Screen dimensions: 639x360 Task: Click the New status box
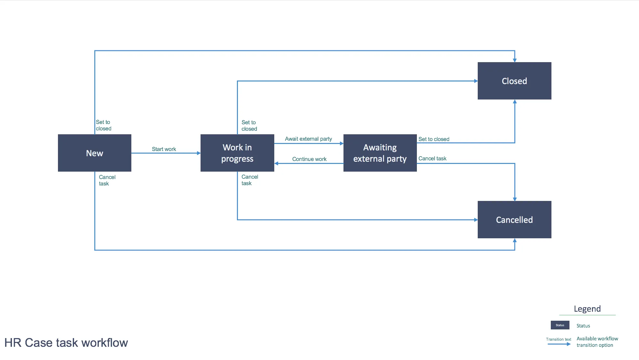coord(95,153)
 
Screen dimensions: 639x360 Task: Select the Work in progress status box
coord(237,153)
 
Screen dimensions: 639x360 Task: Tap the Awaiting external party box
coord(380,153)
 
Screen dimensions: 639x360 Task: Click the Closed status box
coord(514,81)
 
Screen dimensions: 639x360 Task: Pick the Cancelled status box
coord(514,220)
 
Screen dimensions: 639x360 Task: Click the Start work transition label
coord(164,149)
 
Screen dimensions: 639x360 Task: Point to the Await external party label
coord(308,139)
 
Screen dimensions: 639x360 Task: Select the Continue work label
coord(309,159)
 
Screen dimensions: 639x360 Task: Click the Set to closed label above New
coord(104,125)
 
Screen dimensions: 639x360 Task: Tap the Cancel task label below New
coord(107,180)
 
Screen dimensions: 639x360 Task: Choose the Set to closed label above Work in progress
coord(249,126)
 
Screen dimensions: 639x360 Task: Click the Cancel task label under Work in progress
coord(250,180)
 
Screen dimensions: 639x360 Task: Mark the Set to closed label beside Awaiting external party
coord(434,139)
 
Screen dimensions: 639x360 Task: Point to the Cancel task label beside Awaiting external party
coord(432,158)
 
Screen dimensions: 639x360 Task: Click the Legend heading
coord(587,309)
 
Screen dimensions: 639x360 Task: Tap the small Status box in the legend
coord(560,325)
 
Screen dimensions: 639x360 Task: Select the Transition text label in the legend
coord(559,339)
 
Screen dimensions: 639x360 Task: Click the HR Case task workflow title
coord(66,343)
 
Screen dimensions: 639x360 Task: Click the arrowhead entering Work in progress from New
coord(199,153)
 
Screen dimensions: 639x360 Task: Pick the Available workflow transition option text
coord(597,342)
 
